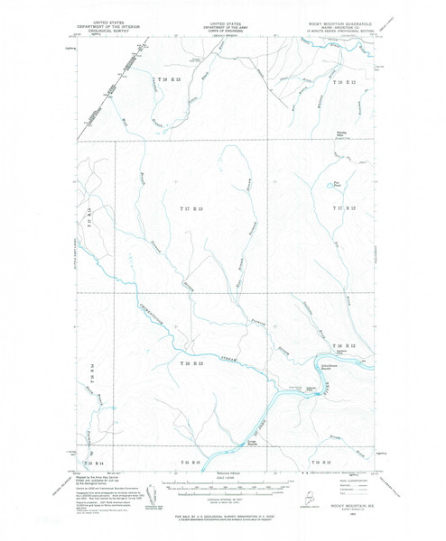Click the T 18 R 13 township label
pos(169,81)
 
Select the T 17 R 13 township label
pos(191,209)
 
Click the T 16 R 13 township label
pos(191,362)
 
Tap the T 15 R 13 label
pos(190,463)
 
